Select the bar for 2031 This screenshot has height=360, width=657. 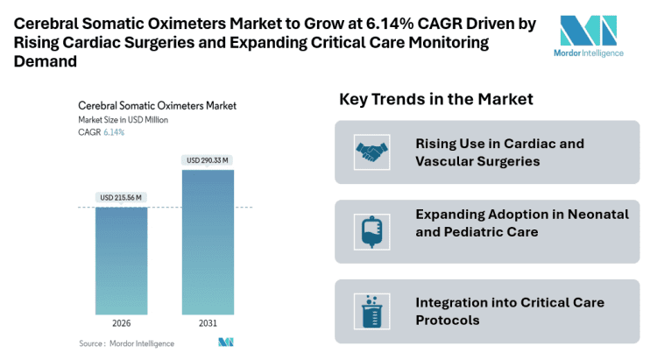coord(208,246)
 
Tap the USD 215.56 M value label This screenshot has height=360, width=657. coord(123,197)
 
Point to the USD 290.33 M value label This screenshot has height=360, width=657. coord(208,159)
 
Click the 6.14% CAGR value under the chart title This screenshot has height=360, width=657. coord(114,132)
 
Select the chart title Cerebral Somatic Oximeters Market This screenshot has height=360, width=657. coord(157,105)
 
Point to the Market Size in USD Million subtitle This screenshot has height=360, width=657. coord(123,119)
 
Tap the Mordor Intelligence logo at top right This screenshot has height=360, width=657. coord(592,37)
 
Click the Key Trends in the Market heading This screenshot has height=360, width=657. coord(436,100)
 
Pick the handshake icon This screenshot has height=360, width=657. coord(372,152)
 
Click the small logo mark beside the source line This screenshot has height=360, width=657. coord(227,342)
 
